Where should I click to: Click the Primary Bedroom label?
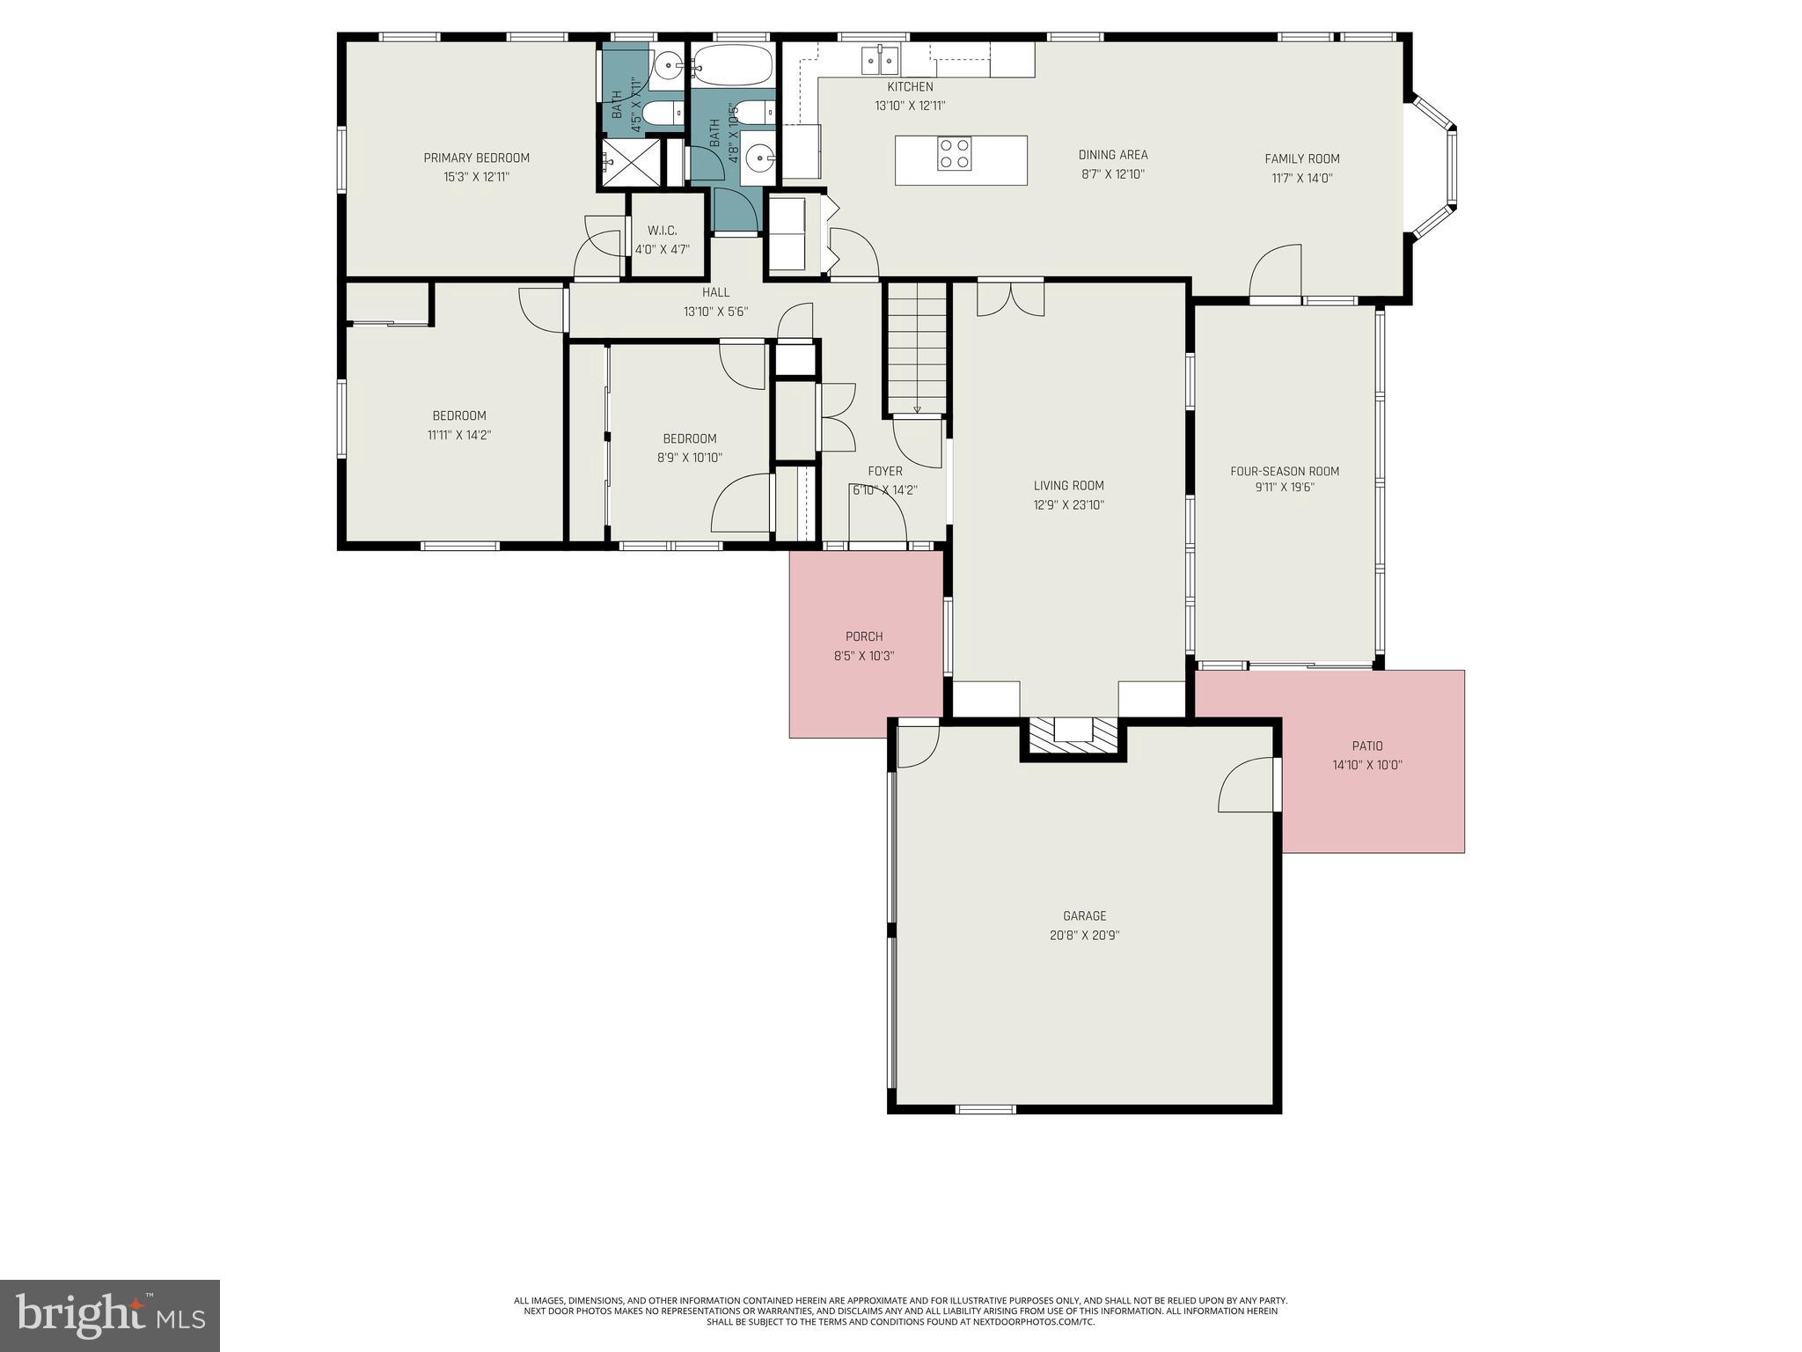pyautogui.click(x=476, y=158)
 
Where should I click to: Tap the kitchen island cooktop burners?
pyautogui.click(x=954, y=154)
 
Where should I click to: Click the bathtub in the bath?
pyautogui.click(x=732, y=65)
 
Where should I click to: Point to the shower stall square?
pyautogui.click(x=630, y=162)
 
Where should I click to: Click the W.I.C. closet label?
pyautogui.click(x=662, y=231)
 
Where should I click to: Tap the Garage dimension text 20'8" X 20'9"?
pyautogui.click(x=1084, y=935)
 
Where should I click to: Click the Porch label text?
pyautogui.click(x=864, y=636)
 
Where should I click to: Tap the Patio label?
pyautogui.click(x=1367, y=746)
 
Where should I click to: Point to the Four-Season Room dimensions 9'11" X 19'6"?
pyautogui.click(x=1285, y=488)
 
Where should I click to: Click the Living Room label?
pyautogui.click(x=1068, y=486)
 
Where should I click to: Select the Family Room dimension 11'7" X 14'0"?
pyautogui.click(x=1302, y=178)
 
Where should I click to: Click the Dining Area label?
pyautogui.click(x=1113, y=155)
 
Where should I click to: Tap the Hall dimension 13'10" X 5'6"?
pyautogui.click(x=715, y=311)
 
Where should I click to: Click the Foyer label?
pyautogui.click(x=884, y=472)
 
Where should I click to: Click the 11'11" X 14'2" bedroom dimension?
pyautogui.click(x=459, y=435)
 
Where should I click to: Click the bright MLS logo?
pyautogui.click(x=110, y=1315)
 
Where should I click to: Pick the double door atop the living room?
pyautogui.click(x=1011, y=298)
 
